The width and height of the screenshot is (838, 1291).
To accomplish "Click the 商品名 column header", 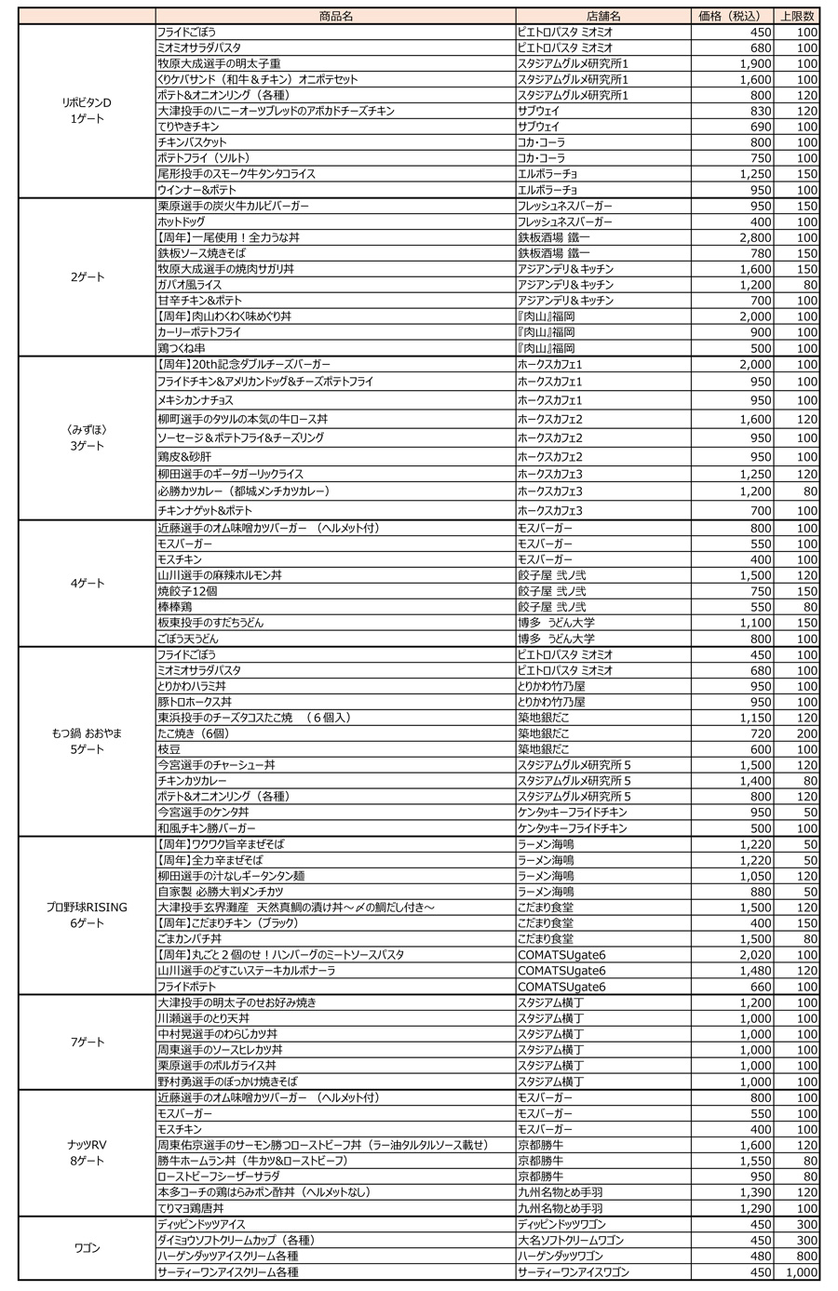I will (x=335, y=16).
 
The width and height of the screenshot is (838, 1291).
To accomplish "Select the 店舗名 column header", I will (x=603, y=16).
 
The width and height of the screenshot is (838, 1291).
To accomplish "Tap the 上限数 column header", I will (x=798, y=16).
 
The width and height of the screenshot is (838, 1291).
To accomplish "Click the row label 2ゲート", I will (x=88, y=276).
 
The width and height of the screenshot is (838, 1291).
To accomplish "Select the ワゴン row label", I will (x=88, y=1248).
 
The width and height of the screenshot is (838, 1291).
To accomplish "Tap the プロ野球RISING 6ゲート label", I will (x=88, y=915).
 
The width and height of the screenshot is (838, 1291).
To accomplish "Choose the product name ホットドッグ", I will (x=182, y=222).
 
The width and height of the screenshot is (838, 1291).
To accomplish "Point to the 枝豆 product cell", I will (x=169, y=748).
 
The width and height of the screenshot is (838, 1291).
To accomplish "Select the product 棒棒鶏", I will (x=174, y=607).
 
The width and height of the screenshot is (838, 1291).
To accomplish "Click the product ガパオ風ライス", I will (x=190, y=285).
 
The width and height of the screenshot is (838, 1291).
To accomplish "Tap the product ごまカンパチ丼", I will (x=189, y=939).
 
